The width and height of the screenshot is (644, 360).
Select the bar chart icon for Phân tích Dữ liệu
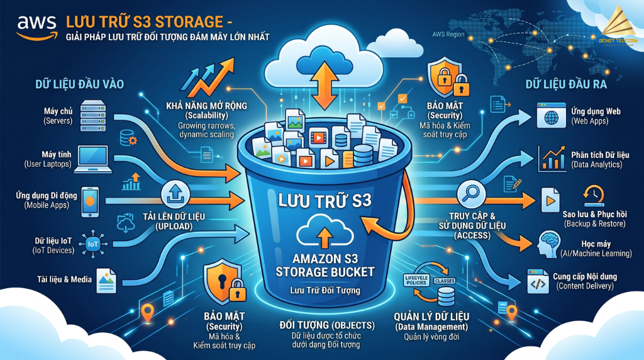(x=552, y=159)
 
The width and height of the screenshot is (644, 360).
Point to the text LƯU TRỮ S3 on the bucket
(x=325, y=202)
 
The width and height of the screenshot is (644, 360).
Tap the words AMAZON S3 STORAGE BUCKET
(x=325, y=264)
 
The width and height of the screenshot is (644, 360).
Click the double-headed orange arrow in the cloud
(x=325, y=81)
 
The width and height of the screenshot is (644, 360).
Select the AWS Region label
(x=448, y=34)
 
